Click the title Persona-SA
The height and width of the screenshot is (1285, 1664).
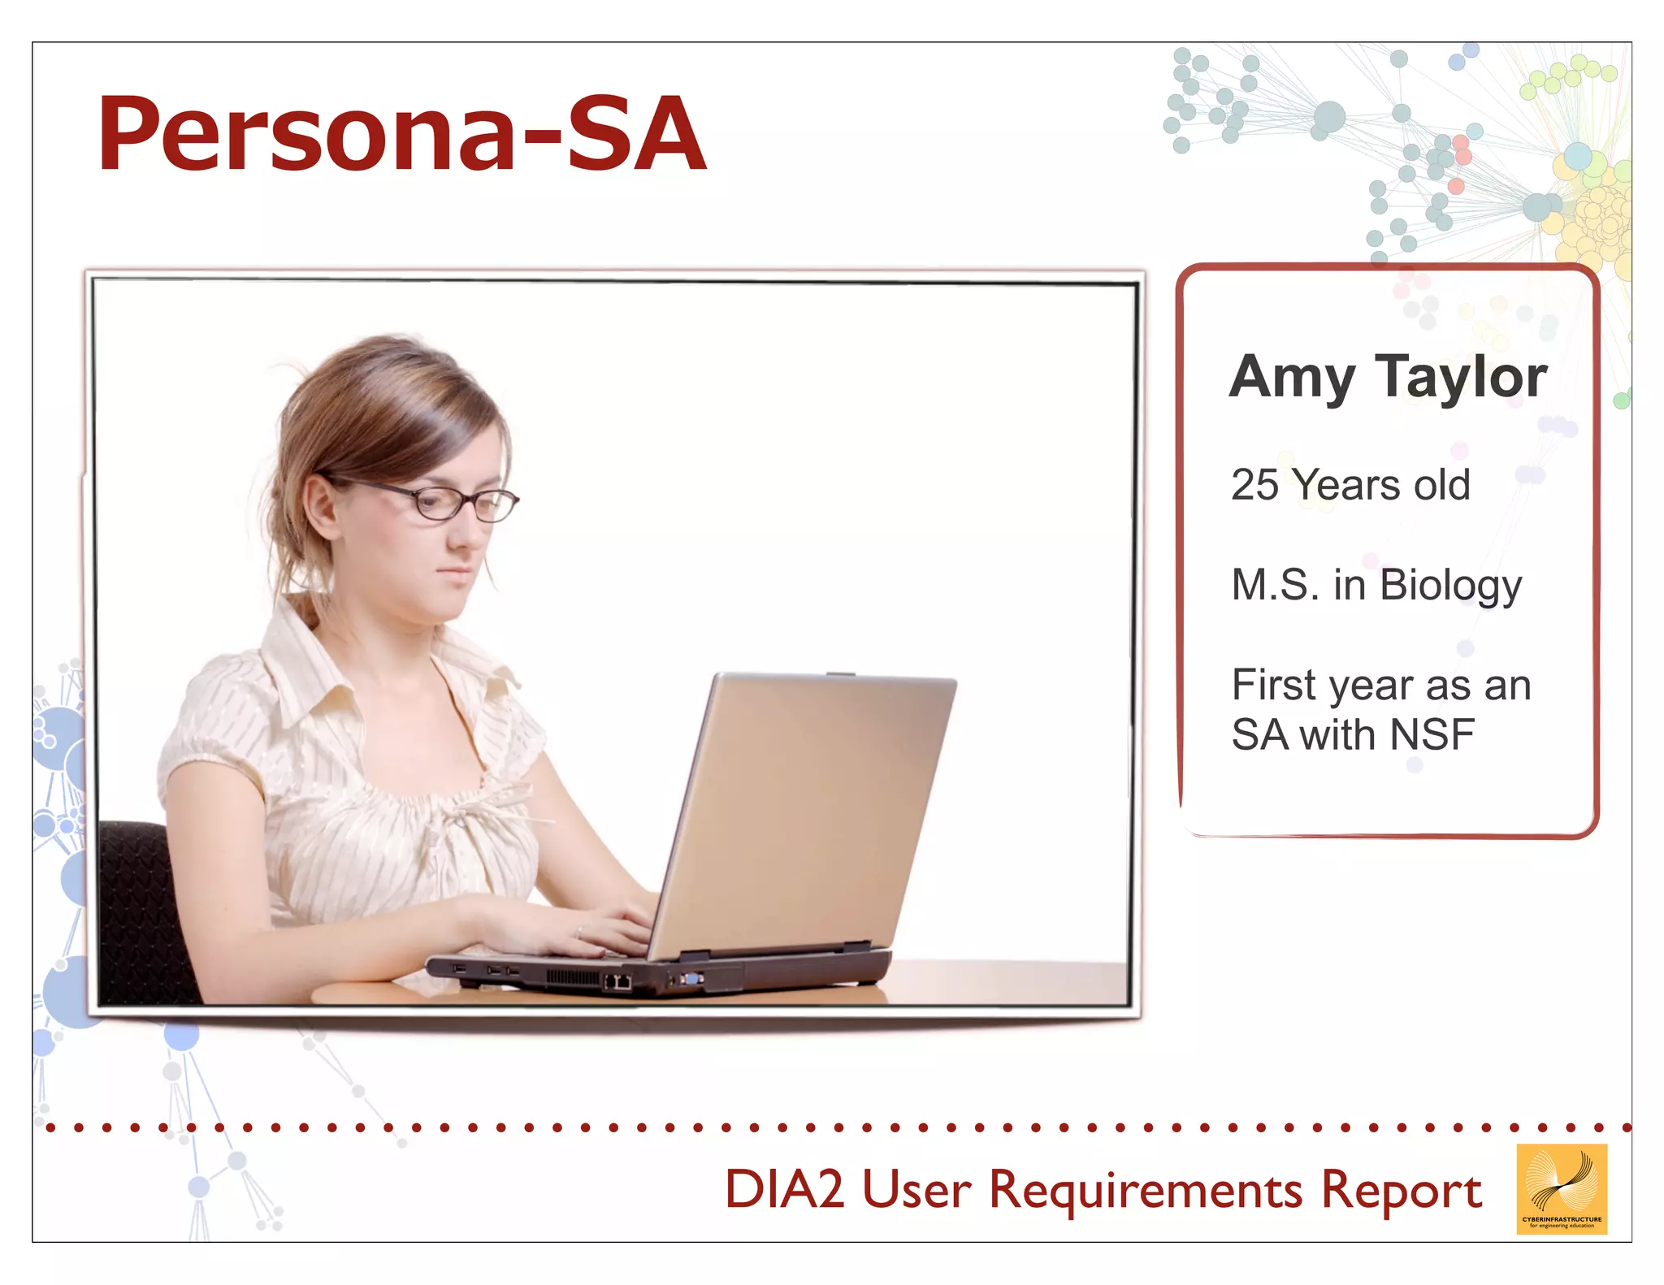401,134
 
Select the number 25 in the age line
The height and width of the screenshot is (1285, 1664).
1254,486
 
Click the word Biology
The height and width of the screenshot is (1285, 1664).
1450,586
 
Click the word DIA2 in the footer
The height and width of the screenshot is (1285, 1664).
784,1190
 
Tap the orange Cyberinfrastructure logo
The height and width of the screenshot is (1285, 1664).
1561,1188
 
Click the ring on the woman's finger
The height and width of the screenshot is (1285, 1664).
579,932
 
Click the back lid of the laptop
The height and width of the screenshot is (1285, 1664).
804,804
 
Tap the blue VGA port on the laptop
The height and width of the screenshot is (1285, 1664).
691,979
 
